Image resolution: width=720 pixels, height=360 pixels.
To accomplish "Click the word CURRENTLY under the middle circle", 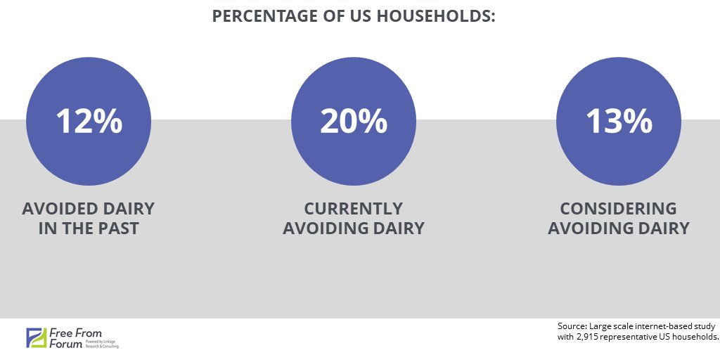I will (354, 209).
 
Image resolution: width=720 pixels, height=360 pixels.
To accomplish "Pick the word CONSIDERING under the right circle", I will (619, 209).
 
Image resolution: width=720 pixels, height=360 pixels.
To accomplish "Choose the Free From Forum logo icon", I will (35, 337).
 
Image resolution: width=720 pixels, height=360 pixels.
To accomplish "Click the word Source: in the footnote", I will (572, 326).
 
